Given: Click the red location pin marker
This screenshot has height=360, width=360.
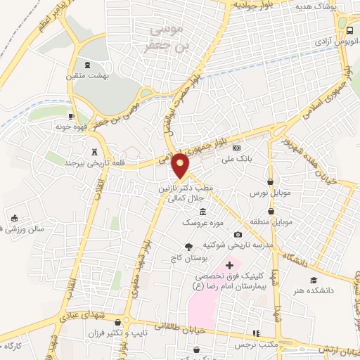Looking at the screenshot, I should pyautogui.click(x=181, y=165).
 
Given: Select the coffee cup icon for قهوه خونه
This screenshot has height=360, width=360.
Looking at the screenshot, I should pyautogui.click(x=71, y=116).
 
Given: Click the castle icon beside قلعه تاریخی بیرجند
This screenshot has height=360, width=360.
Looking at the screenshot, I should pyautogui.click(x=95, y=152).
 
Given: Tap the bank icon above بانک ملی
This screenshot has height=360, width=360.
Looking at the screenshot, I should pyautogui.click(x=236, y=148).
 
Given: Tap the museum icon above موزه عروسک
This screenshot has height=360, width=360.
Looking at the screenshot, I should pyautogui.click(x=203, y=212).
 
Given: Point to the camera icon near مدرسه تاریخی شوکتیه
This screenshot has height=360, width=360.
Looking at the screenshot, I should pyautogui.click(x=238, y=234).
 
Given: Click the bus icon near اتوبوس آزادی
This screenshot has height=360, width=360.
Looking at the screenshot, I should pyautogui.click(x=349, y=30).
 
